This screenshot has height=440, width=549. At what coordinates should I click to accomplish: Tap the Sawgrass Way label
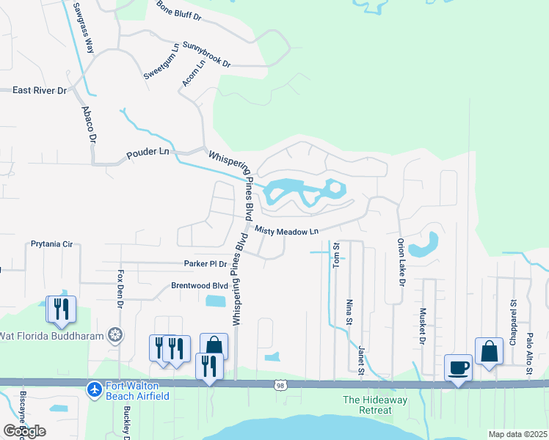pos(84,28)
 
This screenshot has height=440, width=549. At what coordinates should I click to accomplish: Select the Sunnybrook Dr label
pos(206,55)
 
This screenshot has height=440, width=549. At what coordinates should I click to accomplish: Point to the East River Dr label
pos(40,90)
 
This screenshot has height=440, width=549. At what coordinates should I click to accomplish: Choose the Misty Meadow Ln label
pos(287,230)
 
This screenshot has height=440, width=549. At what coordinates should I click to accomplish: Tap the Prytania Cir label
pos(52,243)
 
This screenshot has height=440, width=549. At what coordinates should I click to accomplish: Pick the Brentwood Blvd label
pos(200,286)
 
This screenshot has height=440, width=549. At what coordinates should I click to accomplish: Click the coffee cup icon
pos(458,367)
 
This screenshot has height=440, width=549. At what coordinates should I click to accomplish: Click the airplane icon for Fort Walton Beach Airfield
pos(94,389)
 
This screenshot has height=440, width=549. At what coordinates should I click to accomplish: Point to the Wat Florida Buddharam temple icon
pos(115,336)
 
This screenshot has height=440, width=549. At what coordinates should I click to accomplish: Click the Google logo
pos(24,430)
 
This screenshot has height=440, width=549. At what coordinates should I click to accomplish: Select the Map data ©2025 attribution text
pos(517,434)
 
